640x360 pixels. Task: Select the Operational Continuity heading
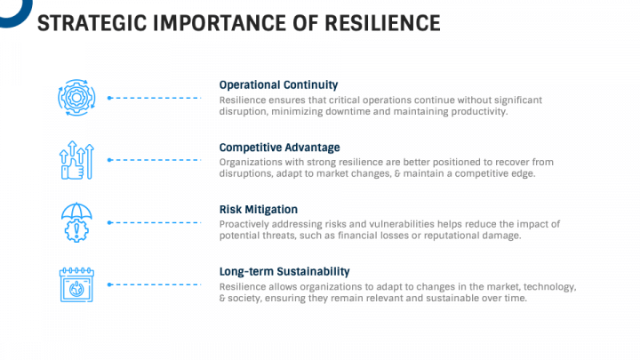(x=278, y=84)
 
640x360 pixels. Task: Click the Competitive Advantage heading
(x=279, y=147)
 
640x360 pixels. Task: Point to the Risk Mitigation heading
(x=259, y=209)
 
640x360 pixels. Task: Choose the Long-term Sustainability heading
(x=284, y=271)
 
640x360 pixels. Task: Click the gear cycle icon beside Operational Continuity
(x=76, y=98)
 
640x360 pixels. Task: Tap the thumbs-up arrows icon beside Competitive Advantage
(x=76, y=160)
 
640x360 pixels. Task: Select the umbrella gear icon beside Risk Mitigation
(x=76, y=222)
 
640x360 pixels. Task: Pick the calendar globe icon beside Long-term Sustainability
(x=76, y=284)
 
